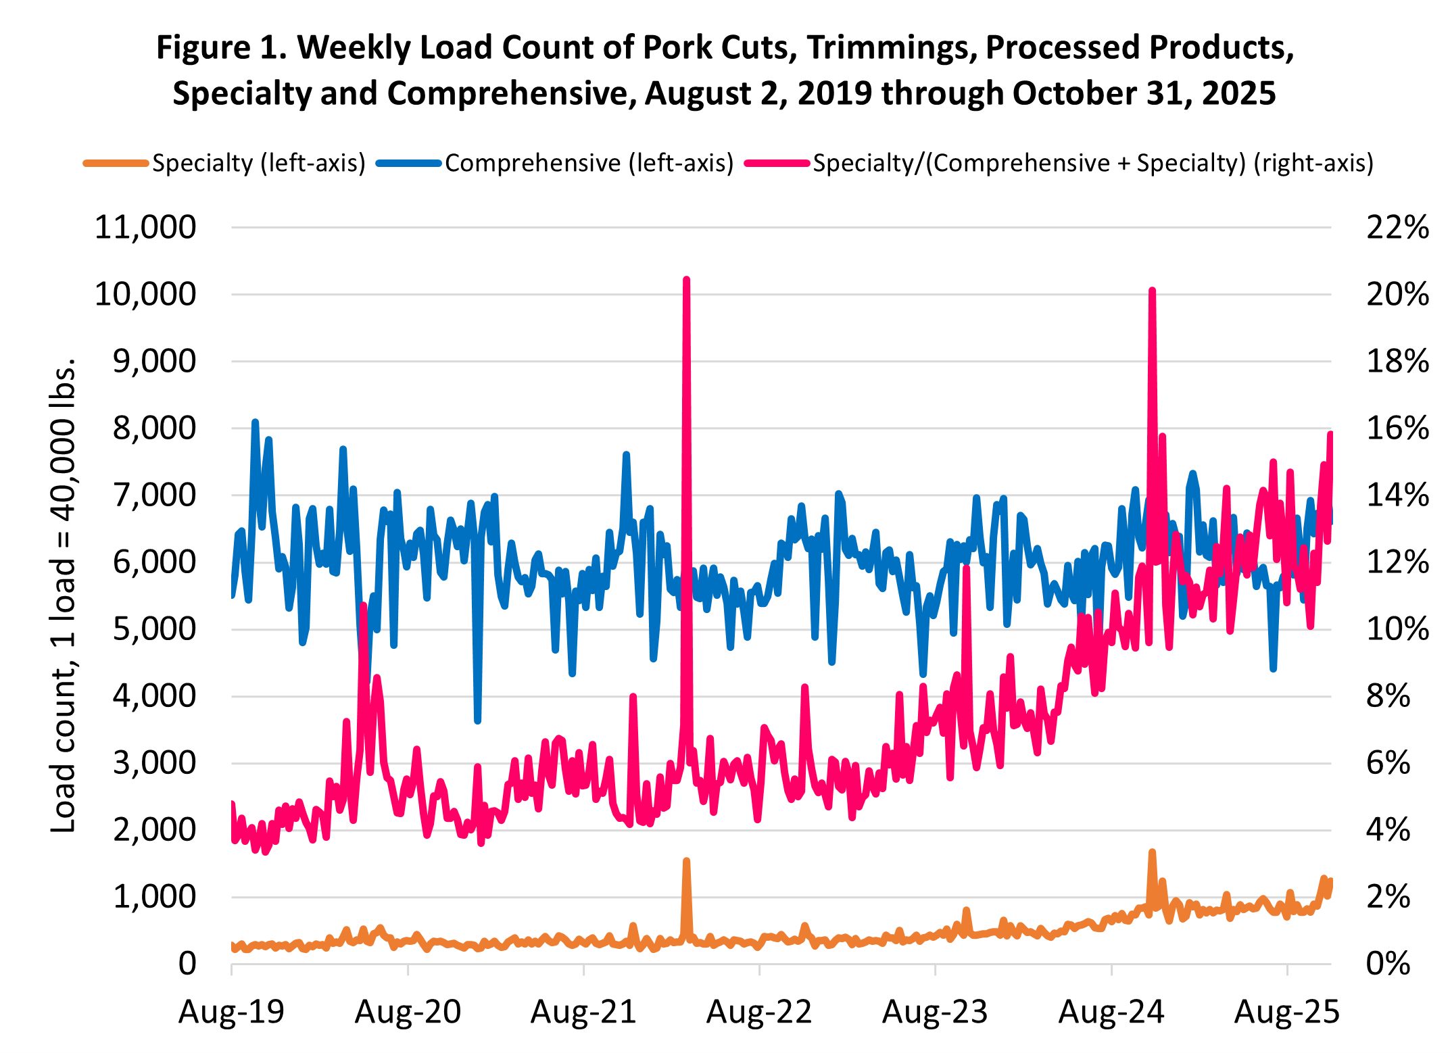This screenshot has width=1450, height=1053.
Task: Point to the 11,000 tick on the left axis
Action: click(x=145, y=228)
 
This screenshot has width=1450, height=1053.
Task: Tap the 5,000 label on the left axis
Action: click(x=154, y=629)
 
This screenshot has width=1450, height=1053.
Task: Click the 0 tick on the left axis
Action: click(x=187, y=964)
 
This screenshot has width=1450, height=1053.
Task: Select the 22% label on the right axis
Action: click(x=1397, y=228)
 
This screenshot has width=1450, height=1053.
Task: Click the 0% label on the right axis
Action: click(x=1388, y=964)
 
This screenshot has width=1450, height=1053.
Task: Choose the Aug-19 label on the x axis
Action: click(x=231, y=1012)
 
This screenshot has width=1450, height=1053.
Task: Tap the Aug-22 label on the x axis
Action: click(x=759, y=1012)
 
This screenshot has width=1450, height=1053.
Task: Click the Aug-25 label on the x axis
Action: click(x=1287, y=1012)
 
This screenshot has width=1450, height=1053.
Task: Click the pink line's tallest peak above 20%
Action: click(x=686, y=279)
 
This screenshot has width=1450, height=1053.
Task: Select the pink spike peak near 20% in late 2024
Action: click(x=1152, y=290)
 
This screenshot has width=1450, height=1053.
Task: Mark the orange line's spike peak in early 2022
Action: click(x=686, y=861)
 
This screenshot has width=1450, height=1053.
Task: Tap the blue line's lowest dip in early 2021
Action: click(x=477, y=721)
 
